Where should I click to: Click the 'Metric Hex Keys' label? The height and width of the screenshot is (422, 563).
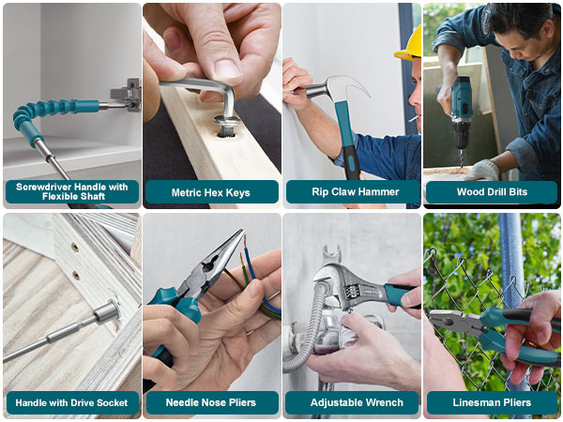(x=211, y=192)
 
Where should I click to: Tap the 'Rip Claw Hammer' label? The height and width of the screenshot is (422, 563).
(x=352, y=192)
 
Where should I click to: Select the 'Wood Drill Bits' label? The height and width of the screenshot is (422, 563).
(x=491, y=192)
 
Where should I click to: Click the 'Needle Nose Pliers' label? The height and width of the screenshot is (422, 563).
(x=211, y=402)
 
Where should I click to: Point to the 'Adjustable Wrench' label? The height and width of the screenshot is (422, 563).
(x=352, y=402)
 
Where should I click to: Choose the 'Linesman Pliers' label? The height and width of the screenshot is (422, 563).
(x=491, y=402)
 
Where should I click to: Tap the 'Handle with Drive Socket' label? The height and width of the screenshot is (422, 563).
(x=71, y=402)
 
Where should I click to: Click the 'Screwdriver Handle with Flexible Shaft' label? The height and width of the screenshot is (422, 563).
(x=71, y=191)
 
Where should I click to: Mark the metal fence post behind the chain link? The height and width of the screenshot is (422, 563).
(x=511, y=272)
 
